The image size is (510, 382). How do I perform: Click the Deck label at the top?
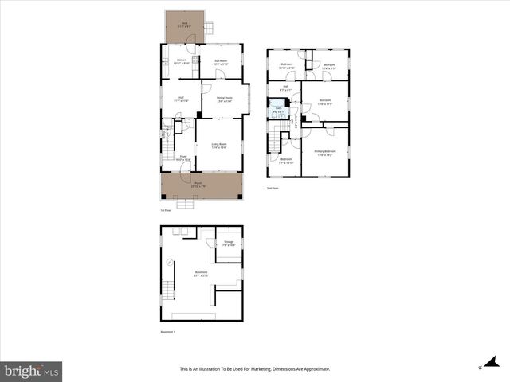(x=184, y=24)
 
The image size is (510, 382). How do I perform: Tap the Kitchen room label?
(x=182, y=61)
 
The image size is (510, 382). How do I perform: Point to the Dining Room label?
(x=224, y=99)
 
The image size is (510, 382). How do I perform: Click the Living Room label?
(x=218, y=145)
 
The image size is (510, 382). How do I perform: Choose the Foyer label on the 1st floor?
(x=182, y=158)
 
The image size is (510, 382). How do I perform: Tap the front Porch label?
(x=198, y=185)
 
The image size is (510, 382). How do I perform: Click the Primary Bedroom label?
(x=325, y=152)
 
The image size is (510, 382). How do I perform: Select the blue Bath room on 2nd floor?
(x=278, y=110)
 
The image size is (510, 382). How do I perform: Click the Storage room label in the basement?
(x=229, y=243)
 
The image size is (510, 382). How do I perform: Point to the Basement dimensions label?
(x=201, y=273)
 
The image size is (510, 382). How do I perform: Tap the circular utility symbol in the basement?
(x=170, y=262)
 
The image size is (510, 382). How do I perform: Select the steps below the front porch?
(x=186, y=204)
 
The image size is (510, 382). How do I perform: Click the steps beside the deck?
(x=209, y=30)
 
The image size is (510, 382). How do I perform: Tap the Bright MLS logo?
(x=32, y=370)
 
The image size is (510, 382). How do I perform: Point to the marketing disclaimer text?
(x=255, y=369)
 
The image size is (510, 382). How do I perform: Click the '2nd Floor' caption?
(x=273, y=188)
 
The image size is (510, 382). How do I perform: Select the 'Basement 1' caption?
(x=168, y=332)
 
